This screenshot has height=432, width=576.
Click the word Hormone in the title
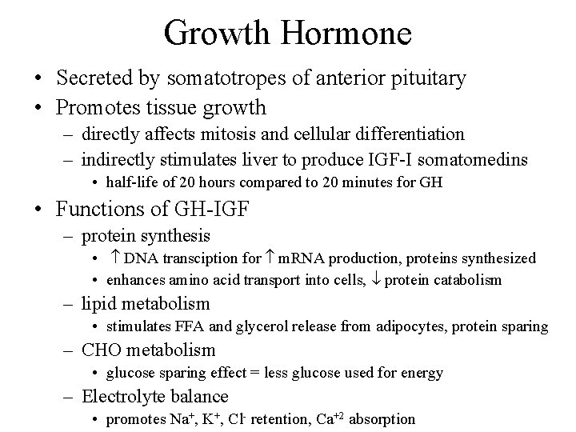(x=346, y=34)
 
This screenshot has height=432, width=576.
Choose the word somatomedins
(x=476, y=160)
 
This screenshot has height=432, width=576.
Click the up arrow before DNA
(x=115, y=259)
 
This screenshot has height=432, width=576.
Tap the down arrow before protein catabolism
(x=376, y=280)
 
